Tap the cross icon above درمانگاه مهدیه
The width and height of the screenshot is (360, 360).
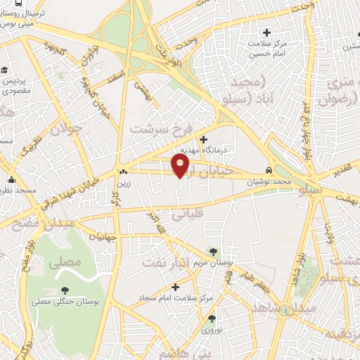click(x=204, y=139)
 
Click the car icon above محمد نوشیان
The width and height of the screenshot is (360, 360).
click(x=270, y=171)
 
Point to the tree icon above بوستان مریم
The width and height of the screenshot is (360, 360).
click(x=214, y=252)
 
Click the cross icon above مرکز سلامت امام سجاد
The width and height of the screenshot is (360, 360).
click(x=175, y=287)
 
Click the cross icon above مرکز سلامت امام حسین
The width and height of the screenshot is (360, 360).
click(x=266, y=32)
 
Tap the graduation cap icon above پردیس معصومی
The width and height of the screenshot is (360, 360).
click(x=4, y=70)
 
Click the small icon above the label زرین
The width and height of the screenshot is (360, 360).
click(x=124, y=172)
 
